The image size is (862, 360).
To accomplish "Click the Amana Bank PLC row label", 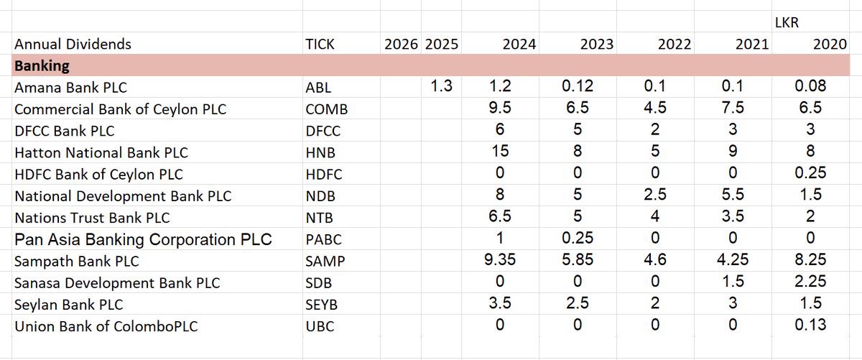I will tap(70, 88).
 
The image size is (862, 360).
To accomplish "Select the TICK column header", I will tap(320, 45).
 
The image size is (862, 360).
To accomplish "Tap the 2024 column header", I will tap(519, 45).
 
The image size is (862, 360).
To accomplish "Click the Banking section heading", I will tap(42, 66).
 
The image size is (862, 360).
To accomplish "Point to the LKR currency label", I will tap(787, 24).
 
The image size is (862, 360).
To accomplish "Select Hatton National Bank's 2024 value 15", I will tap(500, 152).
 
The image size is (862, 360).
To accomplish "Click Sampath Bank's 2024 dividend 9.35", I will tap(500, 260).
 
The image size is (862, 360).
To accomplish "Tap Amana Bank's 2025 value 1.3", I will tap(441, 87).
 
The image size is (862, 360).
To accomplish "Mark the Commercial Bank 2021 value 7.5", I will tap(732, 109).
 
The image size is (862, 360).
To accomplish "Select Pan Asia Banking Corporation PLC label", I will tap(143, 239).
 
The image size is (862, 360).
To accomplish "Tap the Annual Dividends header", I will tap(73, 45).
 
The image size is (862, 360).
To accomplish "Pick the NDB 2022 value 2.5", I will tap(654, 195).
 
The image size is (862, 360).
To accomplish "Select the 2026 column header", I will tap(401, 45).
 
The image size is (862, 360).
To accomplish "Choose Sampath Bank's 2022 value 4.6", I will tap(654, 260).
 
